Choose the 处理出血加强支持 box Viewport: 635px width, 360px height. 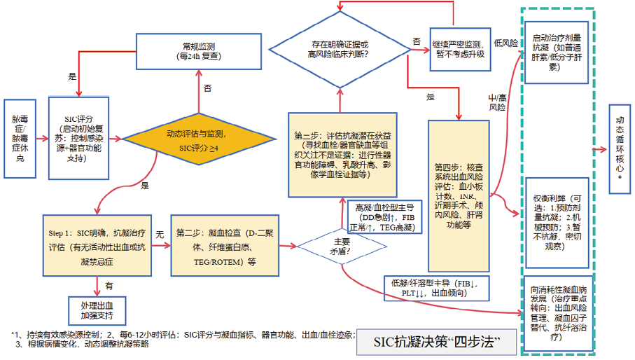click(96, 309)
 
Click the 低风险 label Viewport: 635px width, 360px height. click(505, 43)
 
